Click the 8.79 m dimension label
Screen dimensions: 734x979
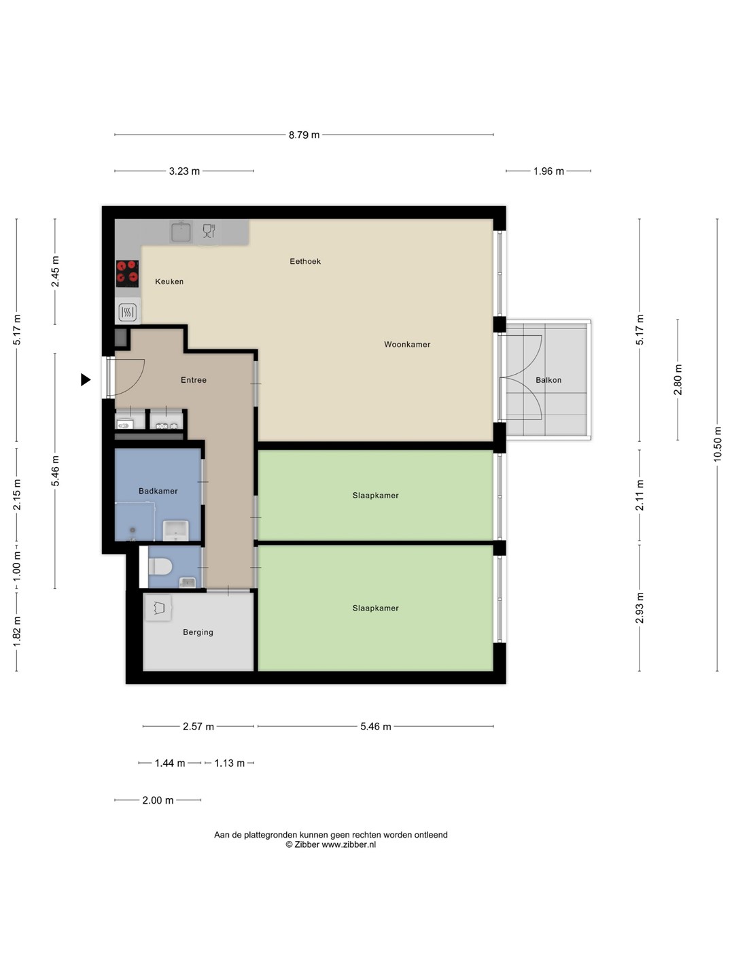pos(304,135)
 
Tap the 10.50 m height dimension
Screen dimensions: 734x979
pos(717,444)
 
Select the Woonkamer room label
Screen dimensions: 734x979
pos(407,344)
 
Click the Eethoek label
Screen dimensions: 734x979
pos(305,261)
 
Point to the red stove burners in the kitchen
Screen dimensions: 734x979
pos(128,273)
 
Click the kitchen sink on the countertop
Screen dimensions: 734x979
pos(181,232)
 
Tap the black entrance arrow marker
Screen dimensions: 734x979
pos(86,379)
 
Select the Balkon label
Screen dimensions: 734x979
pos(548,380)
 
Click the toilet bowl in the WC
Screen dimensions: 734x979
pos(160,567)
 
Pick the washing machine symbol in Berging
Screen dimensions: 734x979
pos(158,608)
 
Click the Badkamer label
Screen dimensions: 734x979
pos(158,491)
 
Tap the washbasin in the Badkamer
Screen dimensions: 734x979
pos(175,530)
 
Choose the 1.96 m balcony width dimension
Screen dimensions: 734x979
pos(548,171)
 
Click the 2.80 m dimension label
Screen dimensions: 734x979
pos(678,379)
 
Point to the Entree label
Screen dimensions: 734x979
pos(194,380)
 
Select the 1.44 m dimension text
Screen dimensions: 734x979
pos(170,763)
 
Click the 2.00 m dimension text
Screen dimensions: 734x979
pos(158,800)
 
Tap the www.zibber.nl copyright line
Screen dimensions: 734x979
pos(331,844)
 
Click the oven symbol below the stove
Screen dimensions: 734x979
pos(128,312)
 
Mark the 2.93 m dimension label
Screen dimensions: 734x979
pos(640,608)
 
